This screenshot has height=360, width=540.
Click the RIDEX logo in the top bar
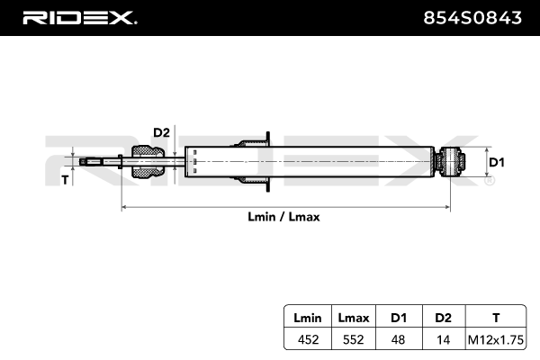tap(79, 17)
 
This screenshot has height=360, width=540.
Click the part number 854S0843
tap(473, 17)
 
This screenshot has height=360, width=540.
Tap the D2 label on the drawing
tap(161, 133)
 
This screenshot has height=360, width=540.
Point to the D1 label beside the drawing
tap(496, 163)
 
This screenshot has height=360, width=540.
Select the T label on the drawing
tap(65, 180)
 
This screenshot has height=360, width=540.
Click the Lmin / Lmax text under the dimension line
tap(284, 217)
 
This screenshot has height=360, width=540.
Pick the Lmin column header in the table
tap(301, 317)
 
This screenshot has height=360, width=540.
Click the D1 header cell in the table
tap(399, 317)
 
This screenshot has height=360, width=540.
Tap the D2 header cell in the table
tap(443, 317)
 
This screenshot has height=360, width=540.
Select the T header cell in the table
tap(496, 317)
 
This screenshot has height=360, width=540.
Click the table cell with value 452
tap(301, 339)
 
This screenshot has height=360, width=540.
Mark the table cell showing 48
tap(399, 339)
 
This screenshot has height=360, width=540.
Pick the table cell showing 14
tap(443, 339)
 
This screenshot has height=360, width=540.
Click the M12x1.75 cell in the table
tap(496, 339)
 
